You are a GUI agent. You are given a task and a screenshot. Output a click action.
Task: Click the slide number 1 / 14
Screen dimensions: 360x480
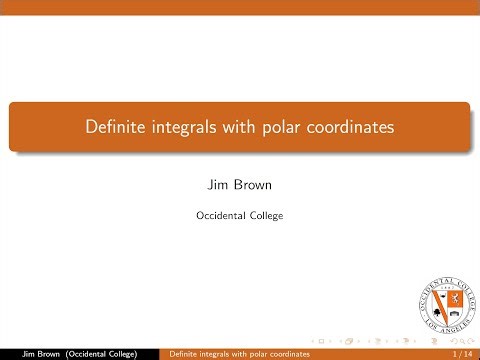click(462, 353)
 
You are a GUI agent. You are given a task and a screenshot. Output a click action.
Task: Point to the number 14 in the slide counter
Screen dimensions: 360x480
click(468, 353)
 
